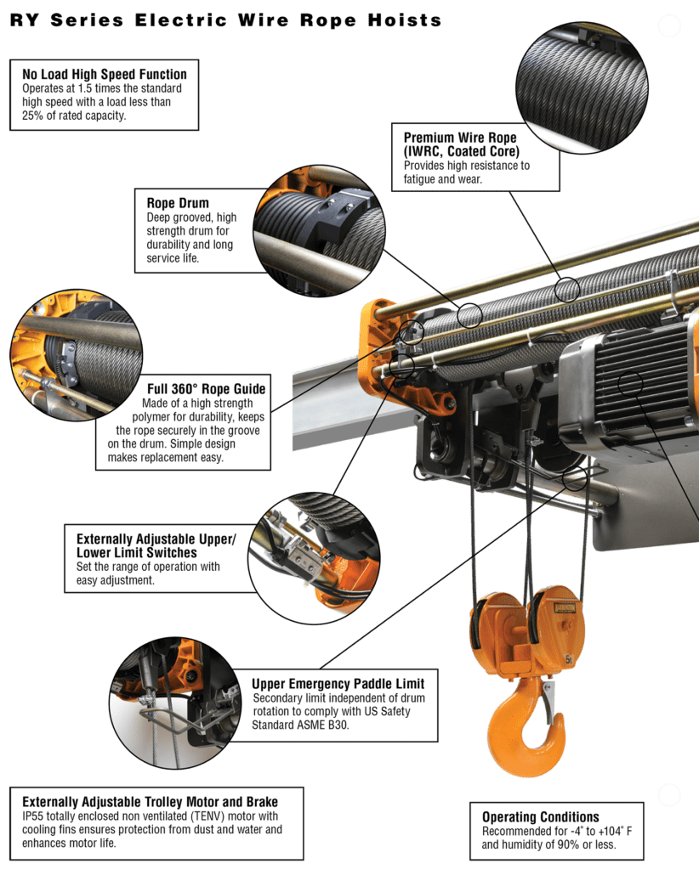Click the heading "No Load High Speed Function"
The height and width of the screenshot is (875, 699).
105,75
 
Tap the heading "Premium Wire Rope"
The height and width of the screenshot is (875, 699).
459,137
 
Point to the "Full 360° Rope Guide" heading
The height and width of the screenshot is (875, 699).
206,389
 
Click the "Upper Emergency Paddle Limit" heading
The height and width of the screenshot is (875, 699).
338,683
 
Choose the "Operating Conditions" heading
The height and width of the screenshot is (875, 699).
541,817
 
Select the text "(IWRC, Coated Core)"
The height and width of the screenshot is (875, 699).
460,151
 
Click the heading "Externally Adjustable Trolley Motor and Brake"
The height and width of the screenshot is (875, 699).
150,801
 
